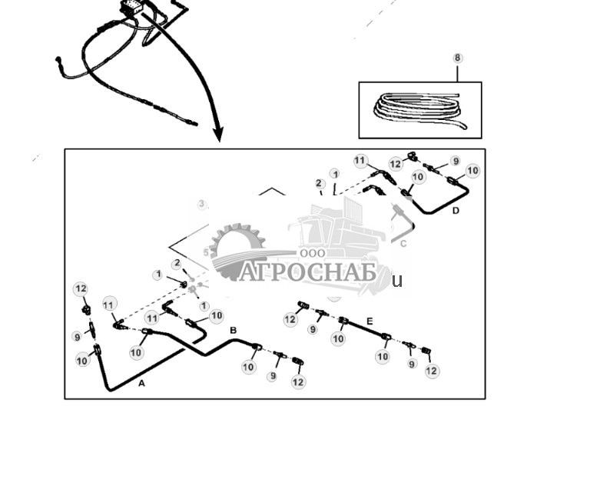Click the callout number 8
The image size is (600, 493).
coord(458,58)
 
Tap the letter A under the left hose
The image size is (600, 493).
coord(141,382)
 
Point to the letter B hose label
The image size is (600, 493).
coord(233,330)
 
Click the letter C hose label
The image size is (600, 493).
coord(403,244)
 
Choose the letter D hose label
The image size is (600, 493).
coord(456,210)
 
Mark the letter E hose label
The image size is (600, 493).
coord(370,321)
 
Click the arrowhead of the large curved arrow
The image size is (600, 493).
coord(218,135)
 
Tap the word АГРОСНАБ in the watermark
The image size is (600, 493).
coord(307,272)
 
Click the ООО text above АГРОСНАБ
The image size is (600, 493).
coord(313,253)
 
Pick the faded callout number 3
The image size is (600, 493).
coord(202,205)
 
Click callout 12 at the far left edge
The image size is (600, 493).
coord(81,289)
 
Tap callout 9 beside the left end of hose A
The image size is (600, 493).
coord(77,336)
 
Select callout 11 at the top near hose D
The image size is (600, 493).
coord(360,160)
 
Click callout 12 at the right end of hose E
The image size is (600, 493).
coord(432,371)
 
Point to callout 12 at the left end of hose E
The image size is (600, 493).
coord(290,320)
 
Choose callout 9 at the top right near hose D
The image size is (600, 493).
coord(456,162)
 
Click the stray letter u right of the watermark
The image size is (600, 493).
coord(397,281)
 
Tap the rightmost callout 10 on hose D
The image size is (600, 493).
coord(472,171)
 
